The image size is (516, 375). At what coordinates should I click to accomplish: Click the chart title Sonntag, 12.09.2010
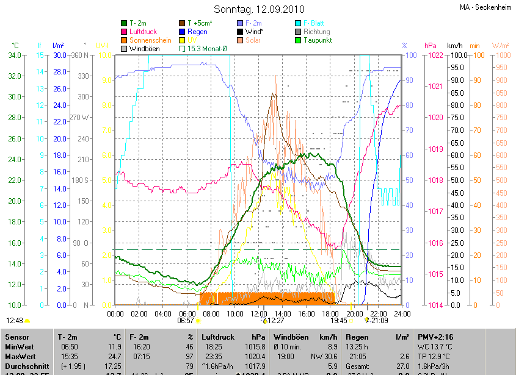pos(258,9)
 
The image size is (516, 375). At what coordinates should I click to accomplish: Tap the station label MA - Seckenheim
pos(485,7)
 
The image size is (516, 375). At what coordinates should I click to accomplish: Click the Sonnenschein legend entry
pos(150,40)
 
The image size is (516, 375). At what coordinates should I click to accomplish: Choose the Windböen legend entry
pos(144,49)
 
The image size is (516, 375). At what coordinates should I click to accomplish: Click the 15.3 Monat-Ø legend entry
pos(206,49)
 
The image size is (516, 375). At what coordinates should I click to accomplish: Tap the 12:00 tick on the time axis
pos(258,313)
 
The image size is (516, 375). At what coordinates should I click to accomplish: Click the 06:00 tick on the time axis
pos(187,313)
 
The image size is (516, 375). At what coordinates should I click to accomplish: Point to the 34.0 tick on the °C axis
pos(13,55)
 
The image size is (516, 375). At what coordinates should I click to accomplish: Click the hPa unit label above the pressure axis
pos(431,46)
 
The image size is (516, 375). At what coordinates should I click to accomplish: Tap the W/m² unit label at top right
pos(500,46)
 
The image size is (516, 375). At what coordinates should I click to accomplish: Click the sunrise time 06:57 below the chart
pos(186,320)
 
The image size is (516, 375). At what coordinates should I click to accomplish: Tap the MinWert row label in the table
pos(20,346)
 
